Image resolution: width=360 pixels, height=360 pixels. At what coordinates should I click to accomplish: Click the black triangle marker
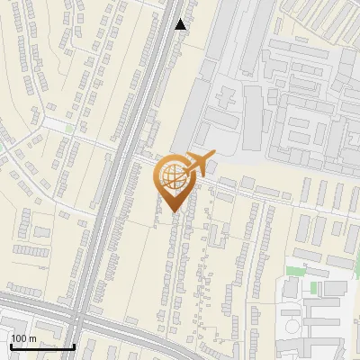181,24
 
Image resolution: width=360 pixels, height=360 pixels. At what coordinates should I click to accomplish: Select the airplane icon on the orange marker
198,165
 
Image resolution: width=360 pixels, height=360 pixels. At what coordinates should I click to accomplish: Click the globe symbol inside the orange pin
173,178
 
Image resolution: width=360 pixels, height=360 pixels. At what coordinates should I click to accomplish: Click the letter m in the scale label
33,338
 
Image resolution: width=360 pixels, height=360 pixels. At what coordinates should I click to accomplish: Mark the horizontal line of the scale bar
42,346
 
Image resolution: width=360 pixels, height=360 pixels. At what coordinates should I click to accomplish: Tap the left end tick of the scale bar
11,345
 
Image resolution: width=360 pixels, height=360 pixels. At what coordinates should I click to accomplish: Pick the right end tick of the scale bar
74,345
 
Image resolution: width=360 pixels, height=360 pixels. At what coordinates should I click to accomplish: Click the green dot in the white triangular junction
69,130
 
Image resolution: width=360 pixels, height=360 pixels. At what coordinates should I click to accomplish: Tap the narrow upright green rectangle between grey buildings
314,288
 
